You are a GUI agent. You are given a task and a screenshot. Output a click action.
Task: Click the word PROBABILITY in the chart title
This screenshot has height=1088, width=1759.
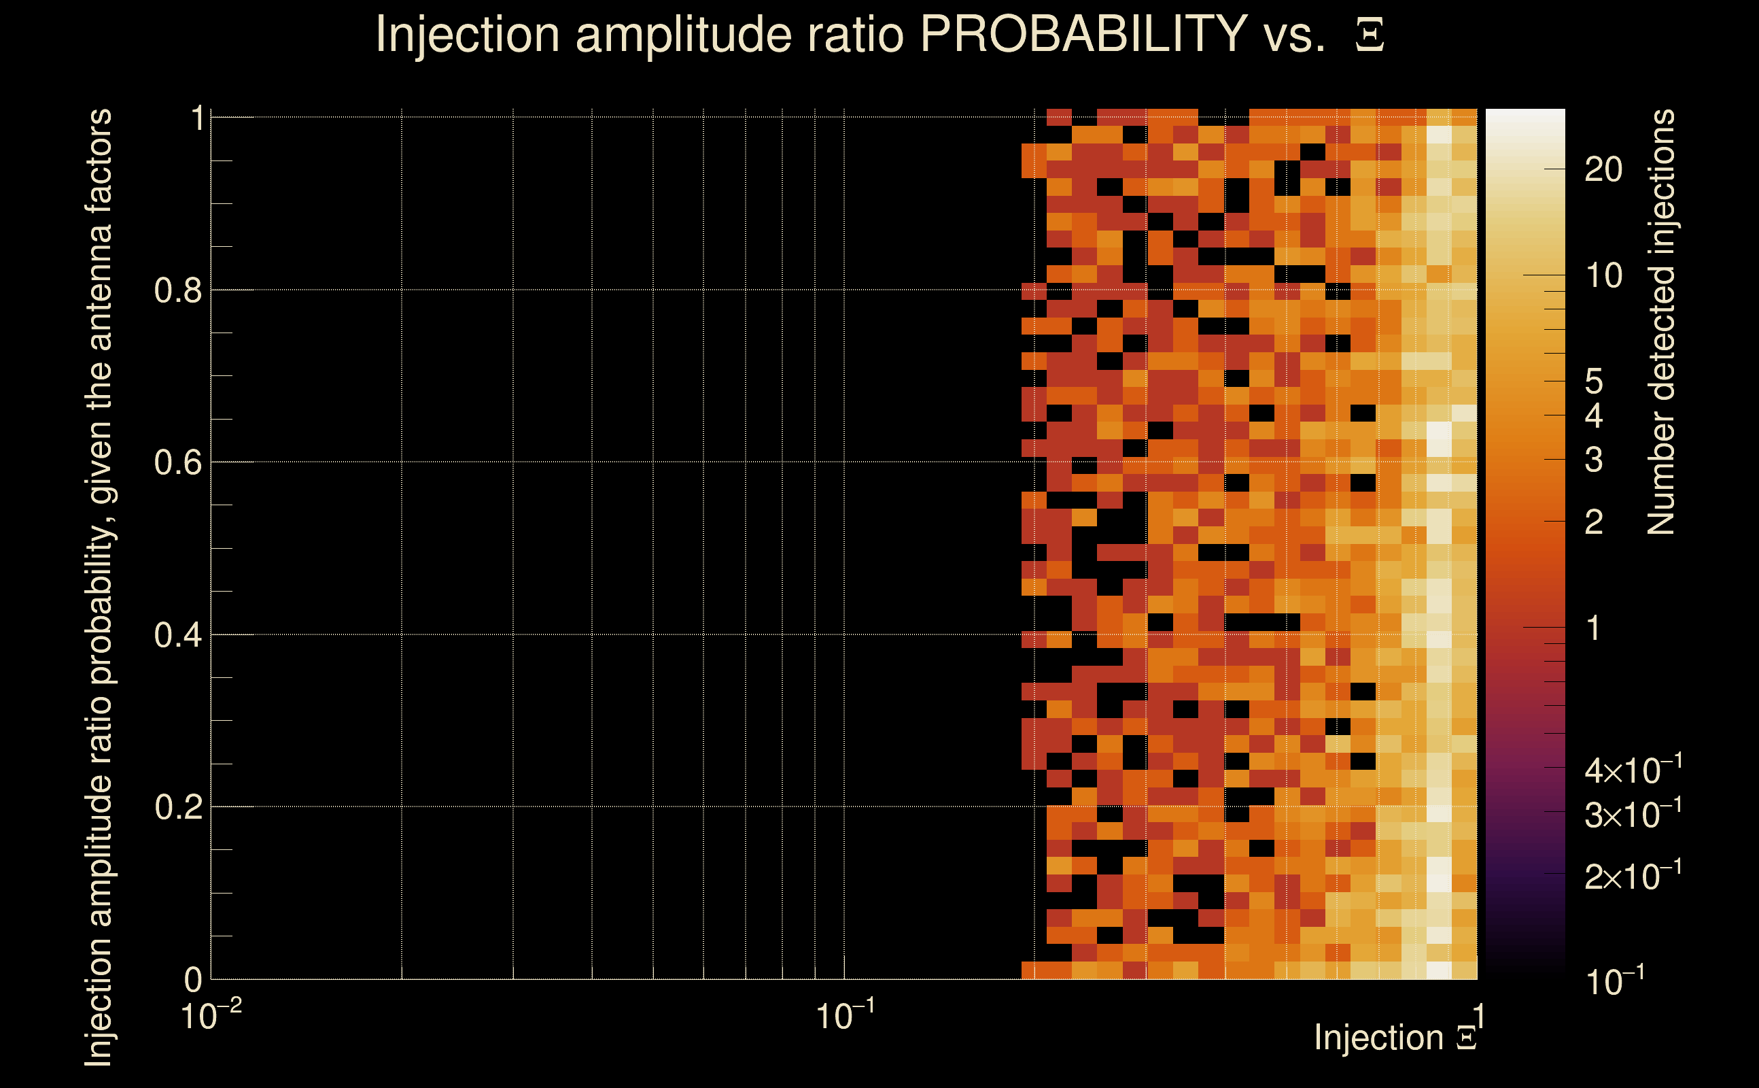pos(1083,34)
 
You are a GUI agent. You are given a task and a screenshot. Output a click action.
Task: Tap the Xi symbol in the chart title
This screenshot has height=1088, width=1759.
pos(1370,35)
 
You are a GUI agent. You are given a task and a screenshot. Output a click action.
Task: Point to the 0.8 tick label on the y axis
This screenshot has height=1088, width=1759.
pos(178,291)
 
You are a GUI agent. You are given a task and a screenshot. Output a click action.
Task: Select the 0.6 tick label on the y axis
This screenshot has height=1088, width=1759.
pos(178,462)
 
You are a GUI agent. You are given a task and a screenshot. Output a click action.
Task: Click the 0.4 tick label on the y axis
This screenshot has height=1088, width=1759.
pos(178,635)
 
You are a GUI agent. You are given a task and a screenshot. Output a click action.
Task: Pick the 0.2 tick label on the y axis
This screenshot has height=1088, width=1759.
pos(178,807)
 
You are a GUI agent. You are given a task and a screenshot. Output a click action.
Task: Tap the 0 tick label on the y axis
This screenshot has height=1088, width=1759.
pos(194,980)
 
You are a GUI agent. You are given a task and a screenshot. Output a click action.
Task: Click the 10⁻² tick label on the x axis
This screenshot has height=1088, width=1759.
pos(211,1016)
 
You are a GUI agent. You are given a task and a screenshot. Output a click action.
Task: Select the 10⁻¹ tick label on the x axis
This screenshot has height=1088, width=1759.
pos(845,1016)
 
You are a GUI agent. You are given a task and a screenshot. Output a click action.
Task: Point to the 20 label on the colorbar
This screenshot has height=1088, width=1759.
pos(1603,170)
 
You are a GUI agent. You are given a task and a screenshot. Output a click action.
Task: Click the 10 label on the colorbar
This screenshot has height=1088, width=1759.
pos(1603,275)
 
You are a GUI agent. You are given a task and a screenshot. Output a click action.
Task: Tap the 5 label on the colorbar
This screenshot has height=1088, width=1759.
pos(1595,381)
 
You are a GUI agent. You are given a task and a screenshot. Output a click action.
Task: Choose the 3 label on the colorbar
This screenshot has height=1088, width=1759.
pos(1595,460)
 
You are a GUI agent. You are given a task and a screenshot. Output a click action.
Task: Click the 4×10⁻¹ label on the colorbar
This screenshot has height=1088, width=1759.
pos(1633,770)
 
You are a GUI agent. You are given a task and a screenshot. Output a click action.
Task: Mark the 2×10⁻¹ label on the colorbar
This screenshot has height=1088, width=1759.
pos(1633,876)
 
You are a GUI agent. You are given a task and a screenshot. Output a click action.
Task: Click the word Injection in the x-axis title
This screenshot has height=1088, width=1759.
pos(1378,1038)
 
